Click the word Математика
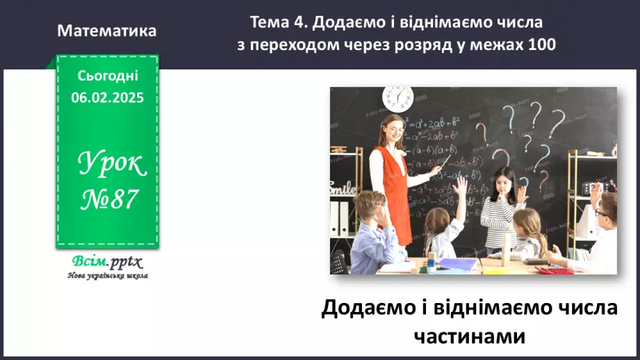coord(107,31)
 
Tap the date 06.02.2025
coord(107,98)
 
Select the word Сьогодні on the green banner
coord(107,76)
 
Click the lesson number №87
coord(107,201)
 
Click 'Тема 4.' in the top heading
coord(278,23)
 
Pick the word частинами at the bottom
coord(469,336)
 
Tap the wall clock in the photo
coord(397,98)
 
